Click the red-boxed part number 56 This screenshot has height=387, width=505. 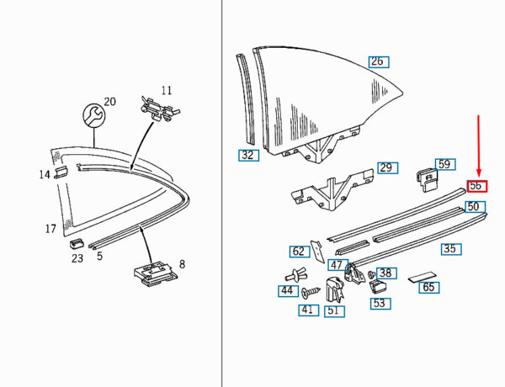coord(477,186)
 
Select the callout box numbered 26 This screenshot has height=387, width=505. coord(379,61)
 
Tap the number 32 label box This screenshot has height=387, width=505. coord(248,155)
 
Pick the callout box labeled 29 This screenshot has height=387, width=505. coord(388,168)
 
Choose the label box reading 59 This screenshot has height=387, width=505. coord(445,164)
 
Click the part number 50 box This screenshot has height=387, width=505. coord(475,206)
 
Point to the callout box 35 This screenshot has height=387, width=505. coord(451,249)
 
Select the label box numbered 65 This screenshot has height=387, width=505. coord(429,287)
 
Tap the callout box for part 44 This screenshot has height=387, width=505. coord(288,291)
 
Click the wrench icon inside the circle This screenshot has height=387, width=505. coord(93,115)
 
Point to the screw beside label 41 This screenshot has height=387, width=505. coord(311,292)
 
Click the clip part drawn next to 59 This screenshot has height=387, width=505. coord(427,180)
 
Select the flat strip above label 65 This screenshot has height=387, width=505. coord(422,278)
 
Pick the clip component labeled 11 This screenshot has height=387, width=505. coord(160,109)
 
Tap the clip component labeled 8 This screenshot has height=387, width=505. coord(156,274)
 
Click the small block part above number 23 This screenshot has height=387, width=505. coord(76,243)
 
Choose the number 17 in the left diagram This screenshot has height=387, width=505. coord(50,229)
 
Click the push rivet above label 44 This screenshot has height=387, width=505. coord(295,276)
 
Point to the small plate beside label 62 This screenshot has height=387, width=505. coord(318,252)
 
